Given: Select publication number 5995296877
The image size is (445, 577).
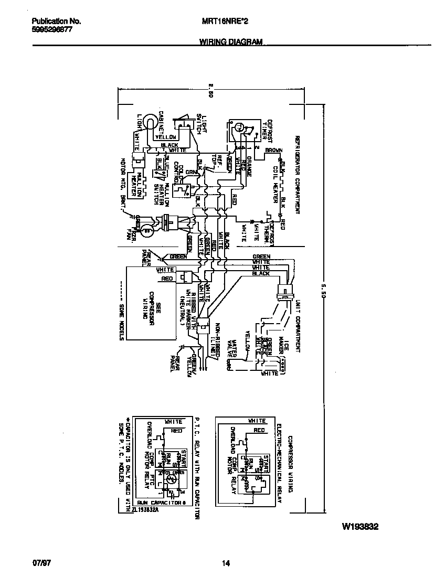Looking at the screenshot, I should click(x=52, y=30).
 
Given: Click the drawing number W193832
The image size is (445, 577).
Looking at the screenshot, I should click(x=361, y=526).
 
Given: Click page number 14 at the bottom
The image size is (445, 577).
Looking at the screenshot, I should click(x=226, y=564).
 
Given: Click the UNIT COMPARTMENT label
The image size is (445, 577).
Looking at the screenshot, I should click(x=297, y=326).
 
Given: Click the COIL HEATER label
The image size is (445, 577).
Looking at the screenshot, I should click(x=273, y=180).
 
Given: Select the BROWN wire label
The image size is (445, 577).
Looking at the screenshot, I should click(x=273, y=151).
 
